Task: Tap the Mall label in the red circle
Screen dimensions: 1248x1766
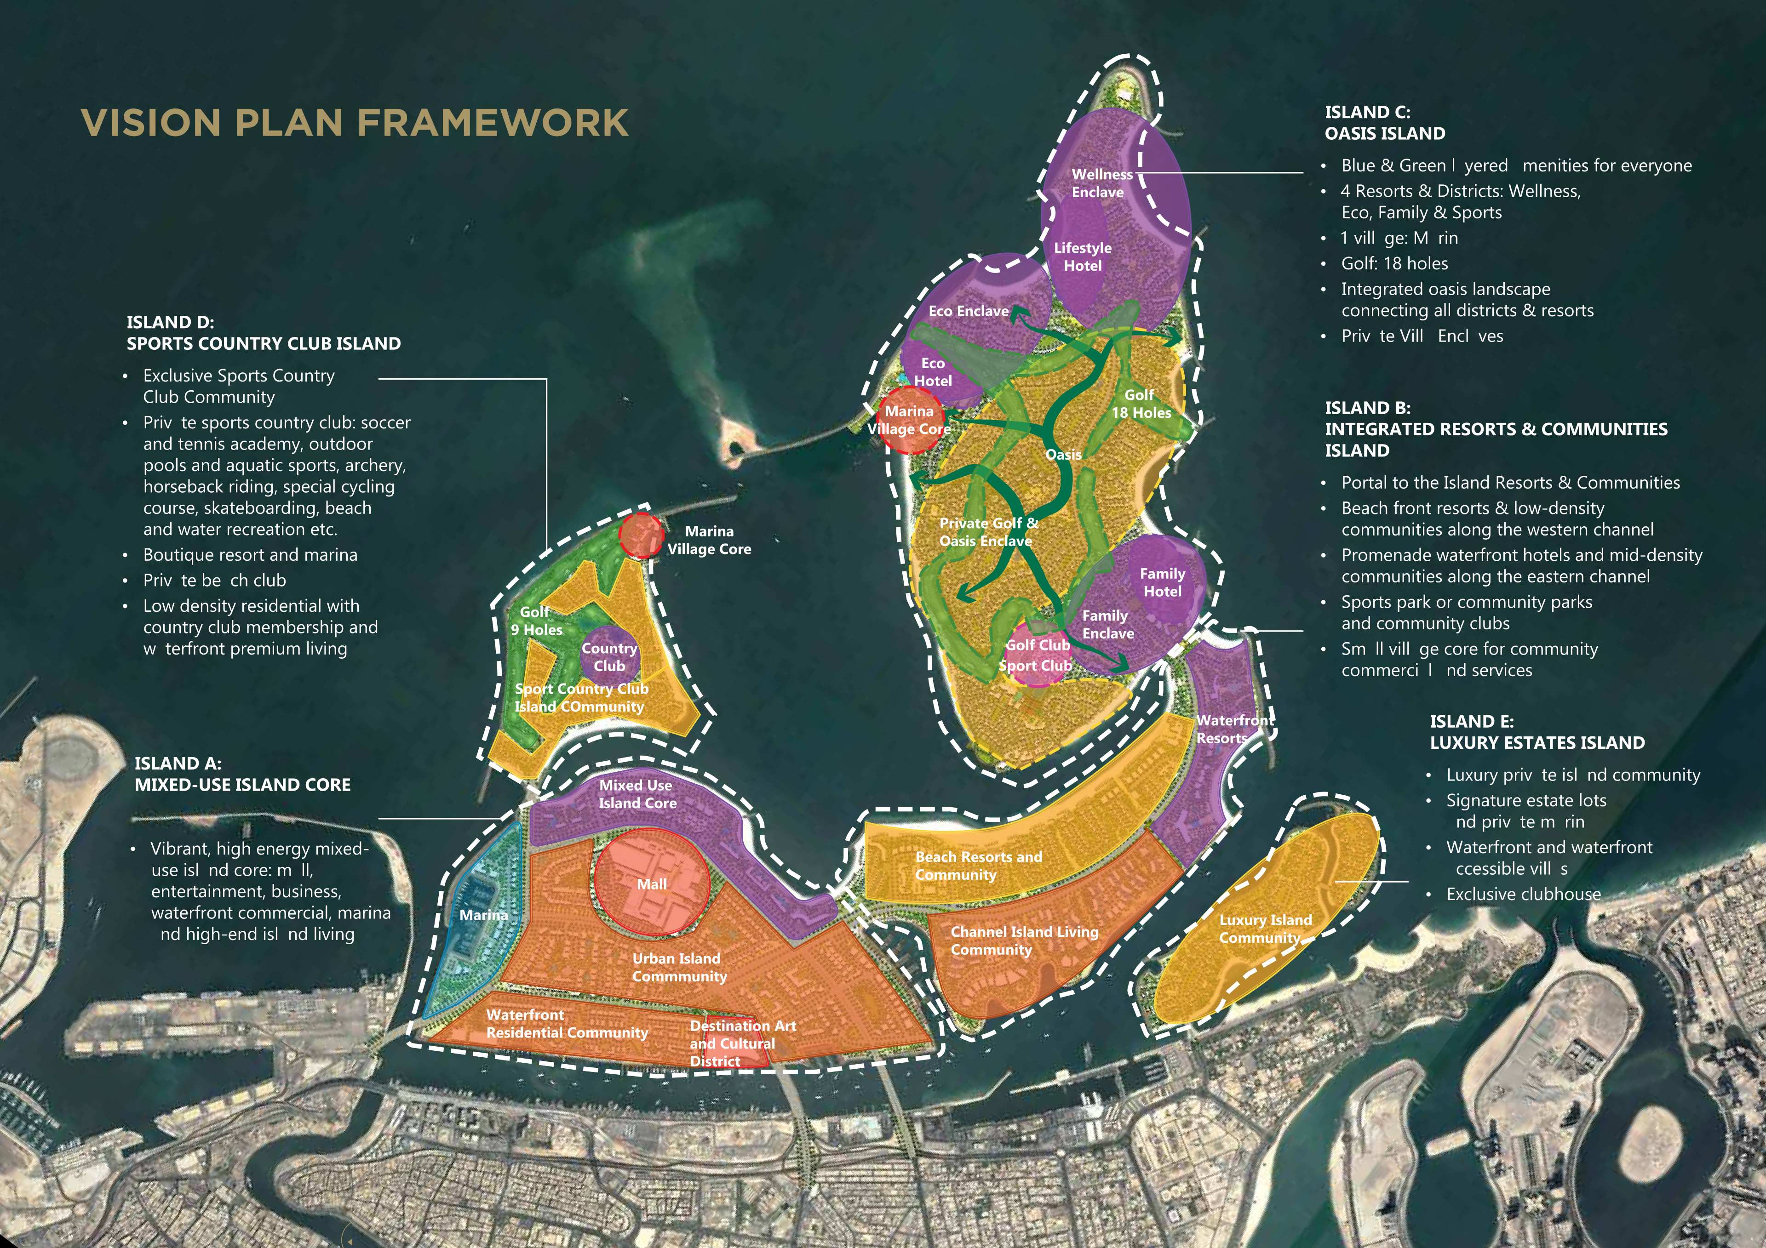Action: tap(652, 884)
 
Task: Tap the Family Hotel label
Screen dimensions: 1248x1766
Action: tap(1162, 582)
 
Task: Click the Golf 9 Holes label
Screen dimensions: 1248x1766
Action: tap(537, 621)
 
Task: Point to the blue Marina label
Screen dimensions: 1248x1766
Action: tap(483, 915)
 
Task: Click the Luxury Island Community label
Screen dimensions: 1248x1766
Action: tap(1265, 929)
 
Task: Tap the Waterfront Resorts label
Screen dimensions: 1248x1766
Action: tap(1234, 729)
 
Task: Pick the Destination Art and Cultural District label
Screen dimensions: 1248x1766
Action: tap(742, 1043)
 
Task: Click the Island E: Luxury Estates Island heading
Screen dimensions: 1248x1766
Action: tap(1537, 732)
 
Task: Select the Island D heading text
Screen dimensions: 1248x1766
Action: tap(263, 333)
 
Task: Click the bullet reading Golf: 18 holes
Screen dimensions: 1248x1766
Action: tap(1394, 264)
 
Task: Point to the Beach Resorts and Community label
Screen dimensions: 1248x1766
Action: tap(978, 866)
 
